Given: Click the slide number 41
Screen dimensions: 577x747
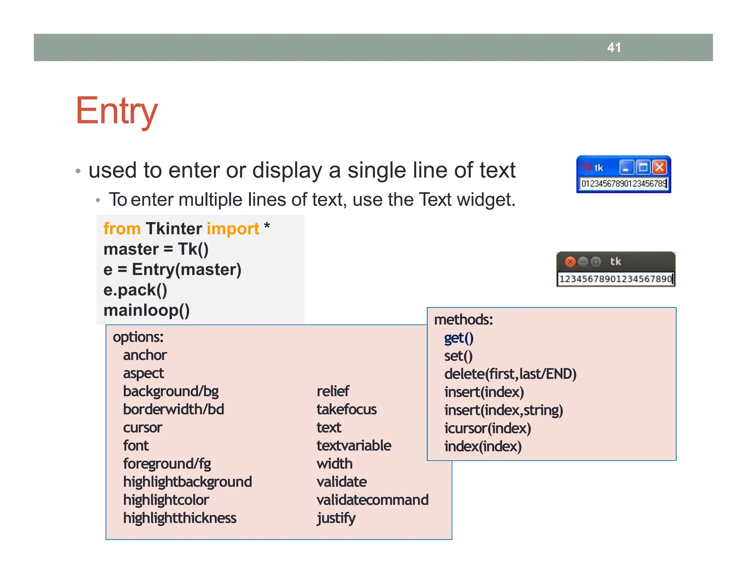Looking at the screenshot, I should tap(614, 47).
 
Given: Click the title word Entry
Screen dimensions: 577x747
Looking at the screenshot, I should tap(116, 111).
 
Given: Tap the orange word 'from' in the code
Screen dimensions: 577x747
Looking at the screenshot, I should tap(122, 229).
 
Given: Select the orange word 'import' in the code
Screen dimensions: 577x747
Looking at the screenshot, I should tap(233, 229).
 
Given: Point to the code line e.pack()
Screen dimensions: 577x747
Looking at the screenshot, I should tap(135, 290).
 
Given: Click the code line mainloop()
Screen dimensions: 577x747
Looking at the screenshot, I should tap(146, 310).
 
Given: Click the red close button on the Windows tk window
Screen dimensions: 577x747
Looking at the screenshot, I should tap(659, 167).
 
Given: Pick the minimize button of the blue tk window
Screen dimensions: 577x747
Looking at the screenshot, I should tap(626, 168).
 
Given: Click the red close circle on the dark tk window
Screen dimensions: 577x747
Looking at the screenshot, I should tap(570, 262).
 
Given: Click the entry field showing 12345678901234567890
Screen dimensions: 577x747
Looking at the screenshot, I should tap(615, 279).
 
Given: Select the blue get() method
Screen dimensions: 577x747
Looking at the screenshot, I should tap(458, 338).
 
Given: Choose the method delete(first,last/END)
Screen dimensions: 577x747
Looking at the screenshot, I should tap(510, 374).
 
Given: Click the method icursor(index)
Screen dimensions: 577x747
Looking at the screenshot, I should tap(487, 428).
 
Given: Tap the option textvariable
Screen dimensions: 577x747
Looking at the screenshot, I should tap(353, 446).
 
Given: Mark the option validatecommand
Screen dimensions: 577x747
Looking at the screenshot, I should tap(372, 500).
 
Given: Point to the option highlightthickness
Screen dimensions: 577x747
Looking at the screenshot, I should tap(179, 518).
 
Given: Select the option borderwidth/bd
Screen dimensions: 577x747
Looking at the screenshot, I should tap(173, 409).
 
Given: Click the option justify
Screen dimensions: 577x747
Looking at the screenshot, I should tap(336, 518).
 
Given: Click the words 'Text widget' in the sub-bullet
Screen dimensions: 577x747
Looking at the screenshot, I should tap(467, 200).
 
